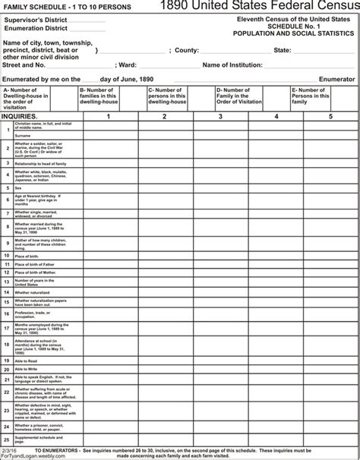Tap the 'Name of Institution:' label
[232, 65]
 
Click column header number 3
[219, 116]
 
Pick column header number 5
[330, 116]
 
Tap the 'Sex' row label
[17, 187]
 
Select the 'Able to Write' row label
[25, 369]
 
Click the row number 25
[6, 439]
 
